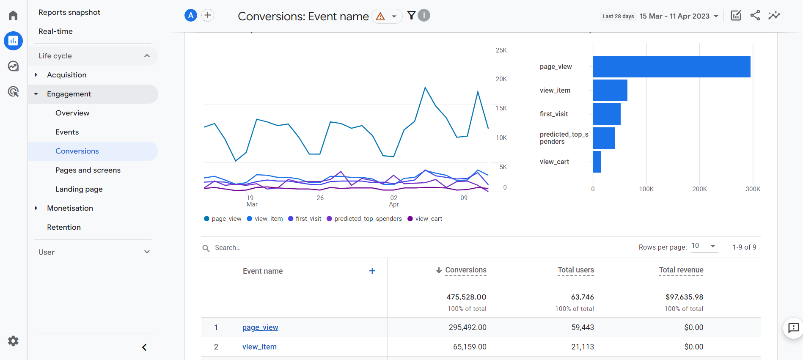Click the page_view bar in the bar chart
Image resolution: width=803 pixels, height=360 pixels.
(x=671, y=66)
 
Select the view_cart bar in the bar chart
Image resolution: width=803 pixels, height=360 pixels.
(x=597, y=162)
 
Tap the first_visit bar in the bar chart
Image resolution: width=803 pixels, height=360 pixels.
(x=606, y=114)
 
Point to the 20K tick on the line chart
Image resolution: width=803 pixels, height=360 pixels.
(x=501, y=79)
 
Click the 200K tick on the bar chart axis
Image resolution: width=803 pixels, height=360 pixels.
(x=699, y=189)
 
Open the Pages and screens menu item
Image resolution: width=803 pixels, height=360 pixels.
(x=88, y=170)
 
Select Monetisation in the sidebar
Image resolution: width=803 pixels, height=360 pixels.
(x=70, y=208)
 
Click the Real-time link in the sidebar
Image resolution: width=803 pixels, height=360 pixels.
(x=55, y=31)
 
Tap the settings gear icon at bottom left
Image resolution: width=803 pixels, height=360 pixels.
(x=13, y=341)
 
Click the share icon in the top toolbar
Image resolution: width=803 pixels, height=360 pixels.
(x=755, y=16)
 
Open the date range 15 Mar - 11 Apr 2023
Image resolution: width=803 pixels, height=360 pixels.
(x=679, y=16)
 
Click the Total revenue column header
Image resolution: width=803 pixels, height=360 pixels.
(x=681, y=270)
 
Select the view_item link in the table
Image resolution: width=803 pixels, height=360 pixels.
(x=259, y=347)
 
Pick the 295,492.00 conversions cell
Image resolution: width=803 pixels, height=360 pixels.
(x=467, y=327)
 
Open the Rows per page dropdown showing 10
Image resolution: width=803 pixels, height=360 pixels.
(x=704, y=246)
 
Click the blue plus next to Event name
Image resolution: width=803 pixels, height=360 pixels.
(x=372, y=271)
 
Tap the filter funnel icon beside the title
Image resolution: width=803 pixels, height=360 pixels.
(x=411, y=16)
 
